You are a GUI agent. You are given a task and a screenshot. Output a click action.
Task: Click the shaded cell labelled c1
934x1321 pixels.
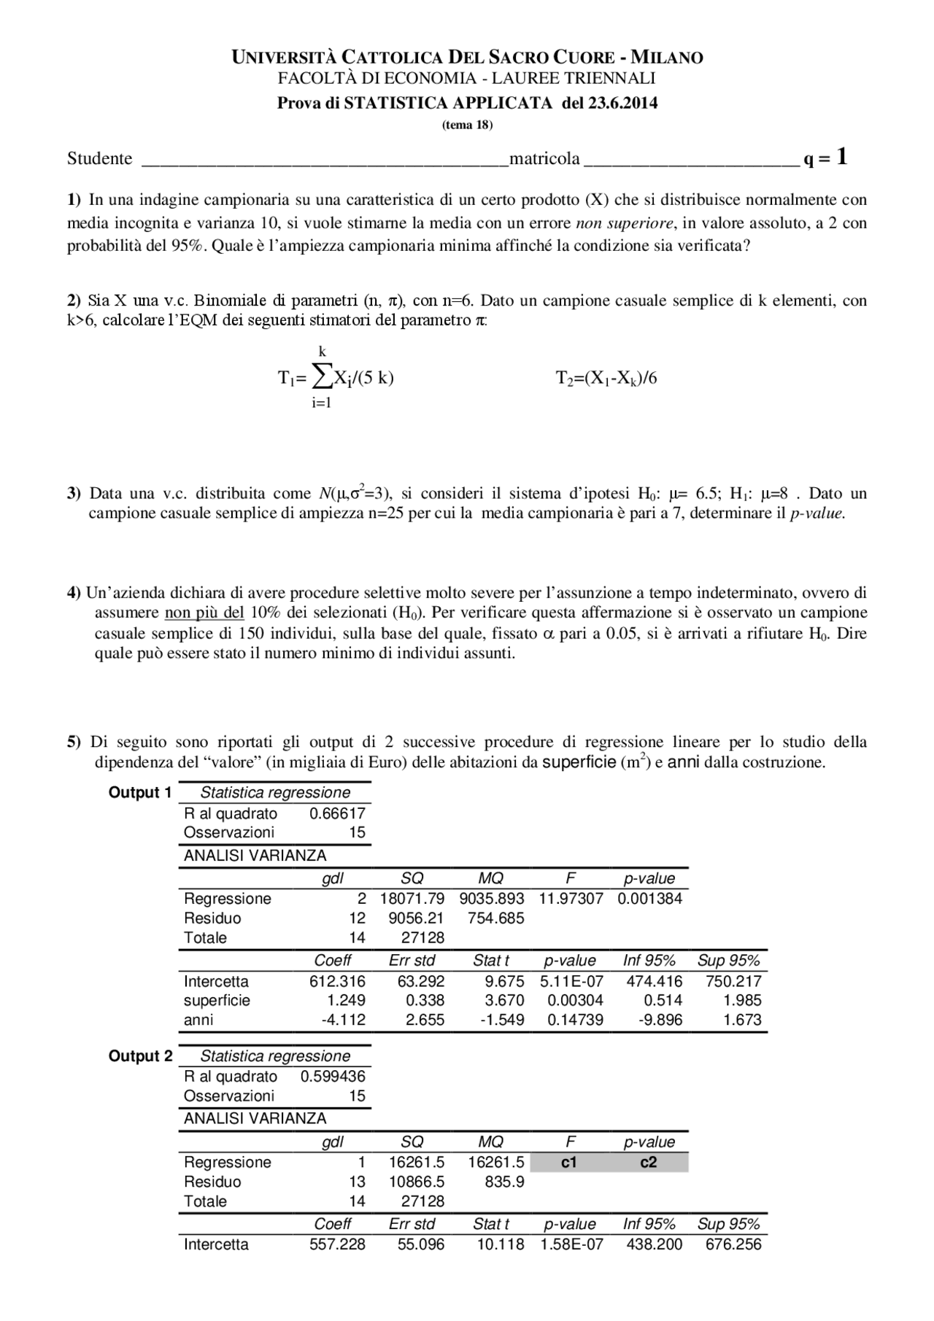pos(569,1162)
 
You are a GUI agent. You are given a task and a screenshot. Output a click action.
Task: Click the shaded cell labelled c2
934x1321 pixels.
pos(649,1162)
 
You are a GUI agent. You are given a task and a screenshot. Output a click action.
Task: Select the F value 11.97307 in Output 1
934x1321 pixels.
pos(571,899)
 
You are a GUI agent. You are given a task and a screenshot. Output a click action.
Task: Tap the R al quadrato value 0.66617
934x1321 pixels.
pos(337,813)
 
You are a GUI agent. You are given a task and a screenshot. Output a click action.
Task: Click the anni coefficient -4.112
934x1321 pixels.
pos(343,1020)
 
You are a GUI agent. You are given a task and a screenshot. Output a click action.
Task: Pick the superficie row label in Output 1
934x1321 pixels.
pos(217,1000)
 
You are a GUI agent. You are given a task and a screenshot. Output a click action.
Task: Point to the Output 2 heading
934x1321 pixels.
pos(140,1055)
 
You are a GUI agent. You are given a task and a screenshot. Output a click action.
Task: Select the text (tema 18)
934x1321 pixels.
pos(467,125)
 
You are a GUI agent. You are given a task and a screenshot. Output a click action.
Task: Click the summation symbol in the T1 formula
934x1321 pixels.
pos(321,376)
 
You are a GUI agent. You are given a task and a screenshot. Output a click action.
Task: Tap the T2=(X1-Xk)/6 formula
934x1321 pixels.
pos(606,378)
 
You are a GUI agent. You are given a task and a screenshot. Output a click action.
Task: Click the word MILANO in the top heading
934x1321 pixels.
pos(666,58)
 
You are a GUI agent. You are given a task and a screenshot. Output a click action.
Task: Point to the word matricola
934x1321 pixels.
pos(544,158)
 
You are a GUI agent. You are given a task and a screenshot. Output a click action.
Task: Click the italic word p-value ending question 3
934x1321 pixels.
pos(817,513)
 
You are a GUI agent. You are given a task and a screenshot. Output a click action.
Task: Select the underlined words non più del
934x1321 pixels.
pos(204,612)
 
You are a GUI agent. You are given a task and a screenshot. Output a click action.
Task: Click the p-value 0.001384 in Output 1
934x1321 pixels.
pos(649,899)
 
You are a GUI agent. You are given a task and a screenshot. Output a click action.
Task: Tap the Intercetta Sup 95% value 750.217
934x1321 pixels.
pos(733,981)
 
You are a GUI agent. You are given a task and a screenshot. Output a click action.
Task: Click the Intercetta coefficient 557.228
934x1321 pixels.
pos(337,1244)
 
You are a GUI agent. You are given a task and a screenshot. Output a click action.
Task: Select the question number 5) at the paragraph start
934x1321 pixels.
pos(74,743)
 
